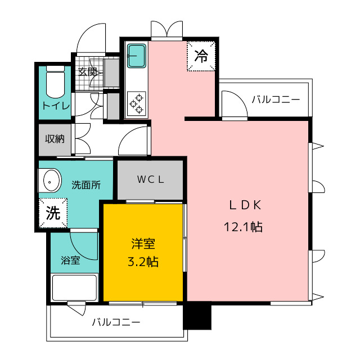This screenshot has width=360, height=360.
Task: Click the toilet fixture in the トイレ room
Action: coord(55,82)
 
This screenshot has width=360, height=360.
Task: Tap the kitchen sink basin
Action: coord(137,56)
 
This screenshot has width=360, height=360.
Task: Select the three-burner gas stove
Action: coord(137,103)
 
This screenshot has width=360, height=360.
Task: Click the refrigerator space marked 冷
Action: coord(201,56)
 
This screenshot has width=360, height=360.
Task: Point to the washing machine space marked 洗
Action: coord(53,213)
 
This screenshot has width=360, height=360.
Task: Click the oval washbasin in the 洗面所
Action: coord(50,181)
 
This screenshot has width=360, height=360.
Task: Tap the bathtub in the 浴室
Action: coord(74,288)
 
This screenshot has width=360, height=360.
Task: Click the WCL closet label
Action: coord(150,179)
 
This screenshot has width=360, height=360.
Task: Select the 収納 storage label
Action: coord(55,139)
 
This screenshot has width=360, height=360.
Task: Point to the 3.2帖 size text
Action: coord(143,262)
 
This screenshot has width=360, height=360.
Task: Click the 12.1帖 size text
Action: coord(243,227)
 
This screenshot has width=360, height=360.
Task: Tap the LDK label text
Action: coord(245,205)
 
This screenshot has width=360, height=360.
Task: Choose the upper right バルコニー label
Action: coord(276,100)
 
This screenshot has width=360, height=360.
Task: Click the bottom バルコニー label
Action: coord(116,322)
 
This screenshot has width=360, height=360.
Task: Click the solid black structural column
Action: coord(197,316)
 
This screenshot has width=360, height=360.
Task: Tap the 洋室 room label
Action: coord(143,244)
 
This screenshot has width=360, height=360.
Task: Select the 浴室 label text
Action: coord(70,260)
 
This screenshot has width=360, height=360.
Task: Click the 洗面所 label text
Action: coord(86,185)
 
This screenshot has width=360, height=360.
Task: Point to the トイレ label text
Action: coord(56,106)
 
